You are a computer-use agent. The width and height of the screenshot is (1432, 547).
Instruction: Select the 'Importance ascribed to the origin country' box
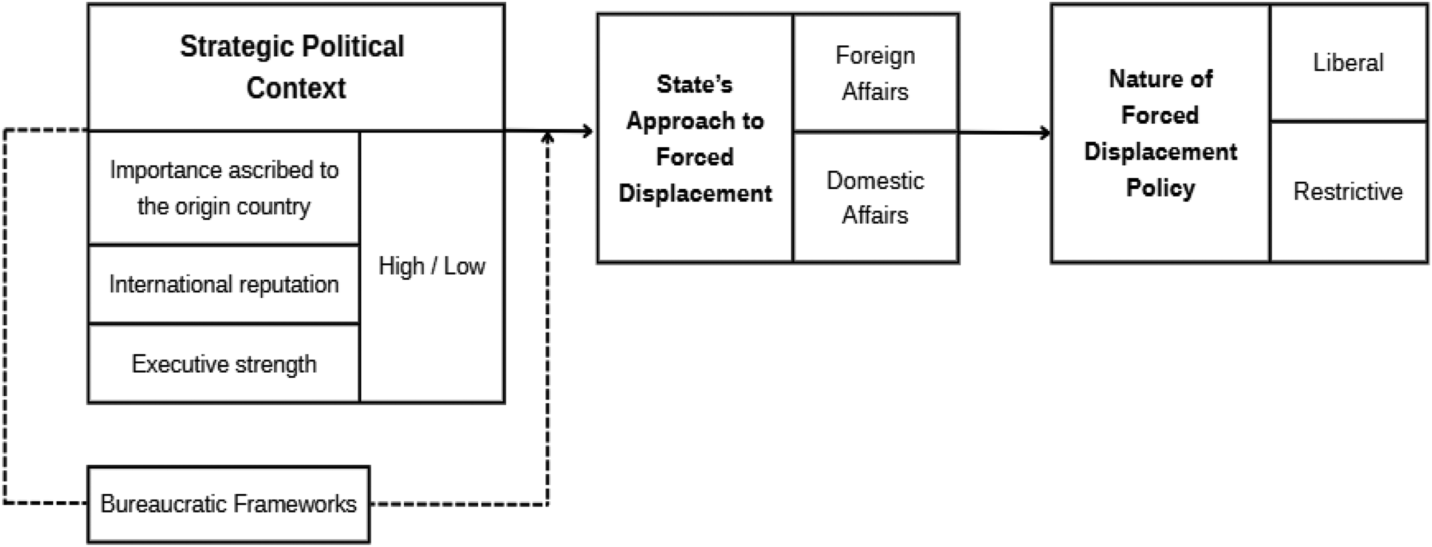point(224,188)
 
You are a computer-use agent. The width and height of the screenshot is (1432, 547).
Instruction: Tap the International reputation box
point(224,284)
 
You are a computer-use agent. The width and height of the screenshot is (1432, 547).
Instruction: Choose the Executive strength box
point(224,364)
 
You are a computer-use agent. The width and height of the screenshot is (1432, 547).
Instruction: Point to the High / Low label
point(432,266)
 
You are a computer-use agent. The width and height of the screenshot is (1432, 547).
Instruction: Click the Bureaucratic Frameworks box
point(229,504)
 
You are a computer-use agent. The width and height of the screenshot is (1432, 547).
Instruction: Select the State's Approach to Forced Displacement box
point(695,138)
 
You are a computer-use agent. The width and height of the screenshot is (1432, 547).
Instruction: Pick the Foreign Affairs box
point(876,73)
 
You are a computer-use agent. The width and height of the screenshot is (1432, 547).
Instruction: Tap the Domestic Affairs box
point(876,197)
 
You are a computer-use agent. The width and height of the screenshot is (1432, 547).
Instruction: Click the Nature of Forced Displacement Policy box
point(1160,134)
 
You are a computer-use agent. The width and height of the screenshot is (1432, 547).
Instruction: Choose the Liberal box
point(1348,62)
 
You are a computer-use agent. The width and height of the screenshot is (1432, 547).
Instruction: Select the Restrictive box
point(1348,192)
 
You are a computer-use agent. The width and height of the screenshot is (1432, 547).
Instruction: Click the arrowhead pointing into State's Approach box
point(588,131)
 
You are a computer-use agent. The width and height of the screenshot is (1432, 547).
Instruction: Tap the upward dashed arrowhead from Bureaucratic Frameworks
point(548,137)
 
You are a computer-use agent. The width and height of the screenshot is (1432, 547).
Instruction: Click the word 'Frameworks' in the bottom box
point(295,504)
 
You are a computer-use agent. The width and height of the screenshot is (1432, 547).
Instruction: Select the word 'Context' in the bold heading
point(296,88)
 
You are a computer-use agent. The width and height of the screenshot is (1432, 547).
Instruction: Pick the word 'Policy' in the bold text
point(1160,188)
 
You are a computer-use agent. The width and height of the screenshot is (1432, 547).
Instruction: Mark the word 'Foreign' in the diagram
point(875,56)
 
